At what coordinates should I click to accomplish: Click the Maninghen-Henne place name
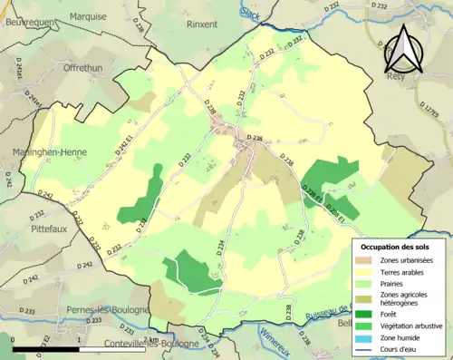click(x=43, y=151)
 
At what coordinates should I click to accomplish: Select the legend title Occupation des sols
click(x=396, y=247)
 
